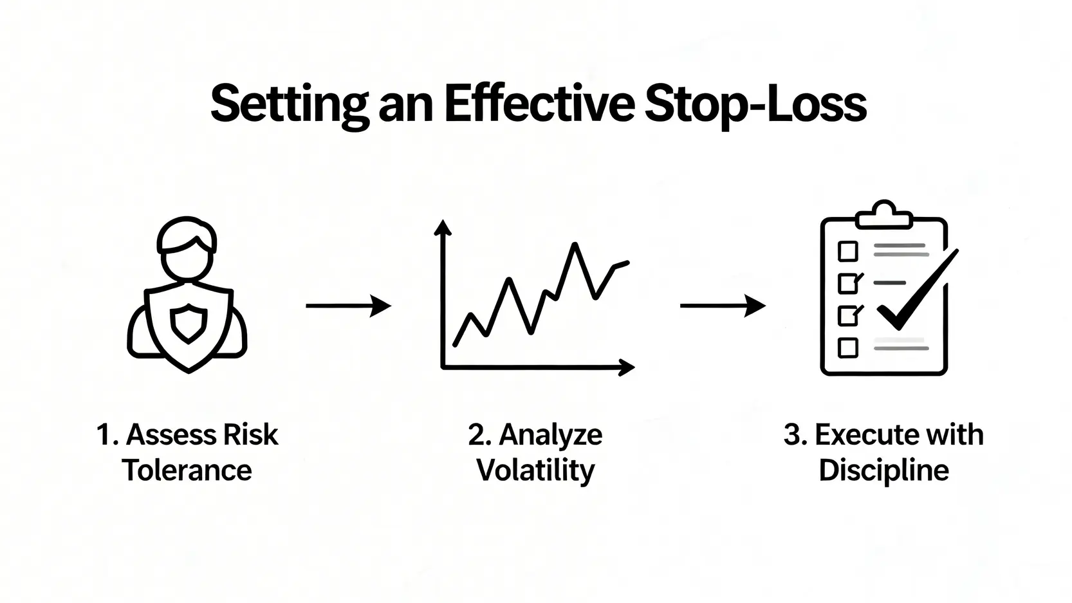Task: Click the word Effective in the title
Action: click(539, 104)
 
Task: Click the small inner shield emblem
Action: click(189, 324)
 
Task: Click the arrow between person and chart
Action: click(348, 306)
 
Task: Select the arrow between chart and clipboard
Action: click(723, 306)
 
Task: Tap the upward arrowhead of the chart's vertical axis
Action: click(443, 227)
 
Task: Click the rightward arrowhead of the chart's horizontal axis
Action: click(627, 367)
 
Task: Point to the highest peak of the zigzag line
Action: click(574, 245)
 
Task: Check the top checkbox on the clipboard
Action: click(848, 251)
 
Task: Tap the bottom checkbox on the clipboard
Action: click(848, 348)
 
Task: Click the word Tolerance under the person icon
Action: click(187, 470)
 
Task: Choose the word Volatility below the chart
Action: click(535, 471)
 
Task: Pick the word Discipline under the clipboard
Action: click(884, 471)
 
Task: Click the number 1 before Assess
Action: click(104, 435)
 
